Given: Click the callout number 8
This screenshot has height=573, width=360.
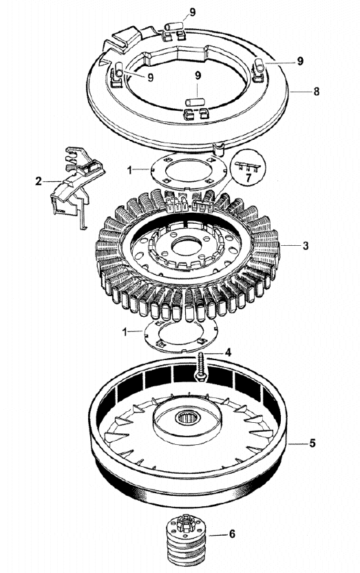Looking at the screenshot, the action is tap(316, 92).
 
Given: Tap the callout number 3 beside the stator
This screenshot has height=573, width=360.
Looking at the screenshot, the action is tap(306, 246).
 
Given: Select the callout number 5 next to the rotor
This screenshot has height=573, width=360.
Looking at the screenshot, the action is tap(313, 444).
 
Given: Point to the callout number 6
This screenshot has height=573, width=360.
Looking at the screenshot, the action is tap(232, 534).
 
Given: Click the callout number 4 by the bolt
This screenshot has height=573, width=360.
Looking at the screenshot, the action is tap(228, 353).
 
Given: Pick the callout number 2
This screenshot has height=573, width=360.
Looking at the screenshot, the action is tap(39, 181).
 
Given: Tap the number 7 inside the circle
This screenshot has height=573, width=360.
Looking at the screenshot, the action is tap(248, 178).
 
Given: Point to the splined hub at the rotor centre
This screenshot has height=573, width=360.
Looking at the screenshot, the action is tap(187, 417).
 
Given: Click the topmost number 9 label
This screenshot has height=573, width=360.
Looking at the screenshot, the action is tap(192, 12).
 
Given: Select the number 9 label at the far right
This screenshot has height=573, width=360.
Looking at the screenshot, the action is tap(300, 61).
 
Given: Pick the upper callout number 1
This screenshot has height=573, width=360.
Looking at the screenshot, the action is tap(129, 170).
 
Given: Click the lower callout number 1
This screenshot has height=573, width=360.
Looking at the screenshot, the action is tap(125, 332).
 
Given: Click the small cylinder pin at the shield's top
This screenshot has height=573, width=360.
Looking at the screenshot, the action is tap(173, 27).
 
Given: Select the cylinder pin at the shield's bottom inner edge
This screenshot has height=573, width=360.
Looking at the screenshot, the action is tap(195, 102).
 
